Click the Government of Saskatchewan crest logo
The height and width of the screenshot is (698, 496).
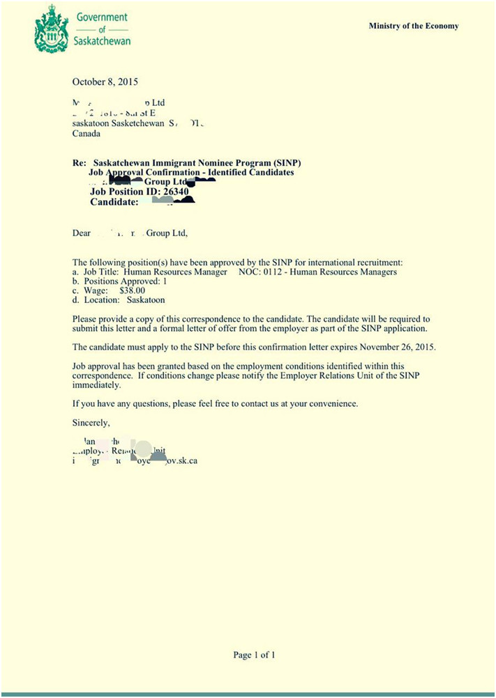tap(51, 29)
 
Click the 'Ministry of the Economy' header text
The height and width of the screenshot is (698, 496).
tap(414, 26)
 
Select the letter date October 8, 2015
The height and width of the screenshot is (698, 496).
tap(105, 82)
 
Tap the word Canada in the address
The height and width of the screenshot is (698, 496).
tap(87, 134)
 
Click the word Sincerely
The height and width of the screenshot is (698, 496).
tap(91, 422)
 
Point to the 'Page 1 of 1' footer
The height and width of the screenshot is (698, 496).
tap(255, 655)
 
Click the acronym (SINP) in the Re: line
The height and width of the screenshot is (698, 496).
tap(286, 163)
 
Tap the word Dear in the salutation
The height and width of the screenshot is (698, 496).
tap(82, 233)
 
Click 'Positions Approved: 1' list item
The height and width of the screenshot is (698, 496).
tap(120, 281)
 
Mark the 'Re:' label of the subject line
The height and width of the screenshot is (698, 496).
tap(79, 163)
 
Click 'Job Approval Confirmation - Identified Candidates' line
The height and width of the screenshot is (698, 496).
tap(192, 172)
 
